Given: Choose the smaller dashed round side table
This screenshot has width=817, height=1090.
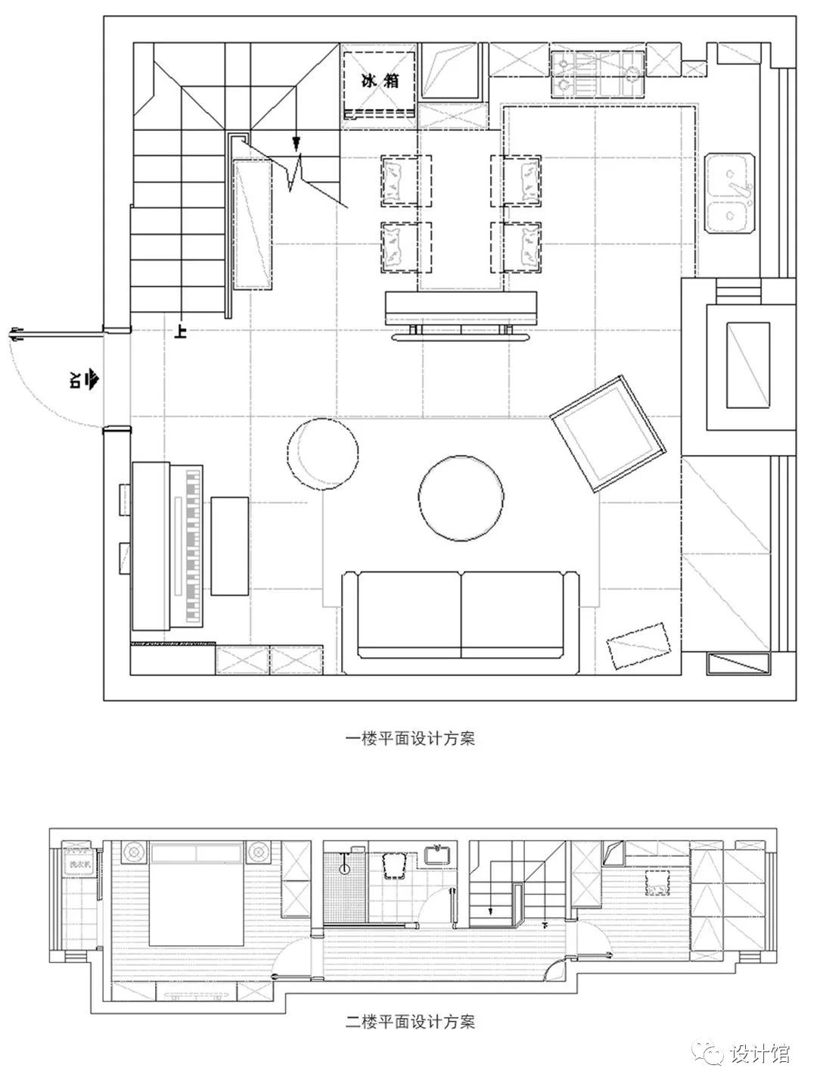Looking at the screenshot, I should (323, 454).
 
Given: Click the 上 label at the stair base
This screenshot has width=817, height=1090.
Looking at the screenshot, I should (180, 331).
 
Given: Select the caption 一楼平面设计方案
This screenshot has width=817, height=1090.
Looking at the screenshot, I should (409, 739).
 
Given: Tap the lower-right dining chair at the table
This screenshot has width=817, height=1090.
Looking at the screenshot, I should (517, 247).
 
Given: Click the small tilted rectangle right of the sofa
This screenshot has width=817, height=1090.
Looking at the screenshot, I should (639, 646).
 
